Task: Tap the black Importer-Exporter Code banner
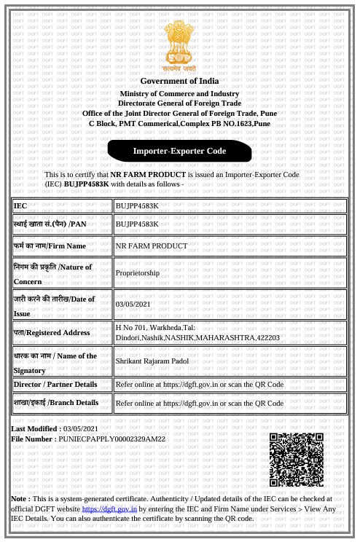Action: click(179, 151)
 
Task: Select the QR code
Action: click(296, 460)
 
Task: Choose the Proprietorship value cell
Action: click(138, 272)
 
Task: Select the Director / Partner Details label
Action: click(55, 384)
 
